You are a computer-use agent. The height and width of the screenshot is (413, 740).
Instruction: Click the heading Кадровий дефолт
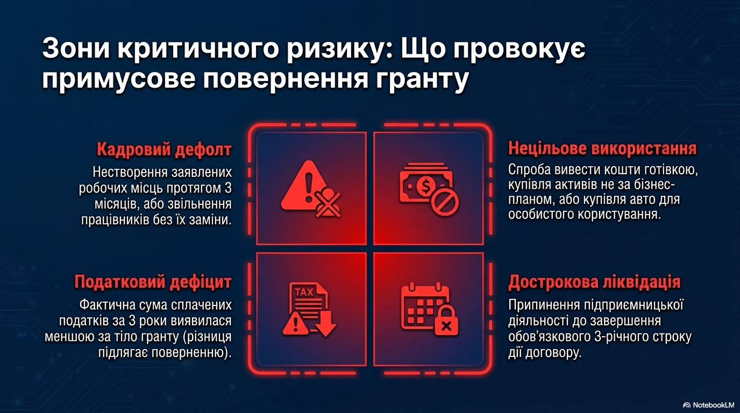pyautogui.click(x=164, y=149)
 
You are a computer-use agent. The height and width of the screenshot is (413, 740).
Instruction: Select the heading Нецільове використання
pyautogui.click(x=602, y=148)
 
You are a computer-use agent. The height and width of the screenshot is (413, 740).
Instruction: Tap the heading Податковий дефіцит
pyautogui.click(x=153, y=282)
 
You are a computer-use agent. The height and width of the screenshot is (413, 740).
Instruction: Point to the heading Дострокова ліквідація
pyautogui.click(x=594, y=282)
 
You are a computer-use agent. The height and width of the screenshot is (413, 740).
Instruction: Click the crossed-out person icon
pyautogui.click(x=328, y=202)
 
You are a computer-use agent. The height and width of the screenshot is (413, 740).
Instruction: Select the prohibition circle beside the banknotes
pyautogui.click(x=445, y=203)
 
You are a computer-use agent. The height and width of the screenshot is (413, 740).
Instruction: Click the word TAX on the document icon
pyautogui.click(x=304, y=293)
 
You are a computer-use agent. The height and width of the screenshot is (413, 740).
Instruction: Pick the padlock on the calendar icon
pyautogui.click(x=446, y=321)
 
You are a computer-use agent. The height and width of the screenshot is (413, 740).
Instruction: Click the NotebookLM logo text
pyautogui.click(x=707, y=405)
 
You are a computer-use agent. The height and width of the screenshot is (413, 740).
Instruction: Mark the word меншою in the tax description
pyautogui.click(x=69, y=337)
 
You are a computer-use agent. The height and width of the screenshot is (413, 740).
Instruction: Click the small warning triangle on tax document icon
pyautogui.click(x=295, y=323)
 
